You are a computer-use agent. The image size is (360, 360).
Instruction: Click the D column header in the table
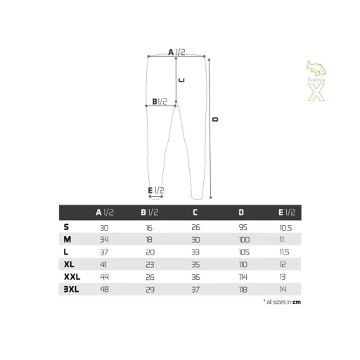coord(241,212)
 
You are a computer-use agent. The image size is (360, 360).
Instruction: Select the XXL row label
coord(72,277)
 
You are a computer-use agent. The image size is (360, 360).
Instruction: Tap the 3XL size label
coord(71,289)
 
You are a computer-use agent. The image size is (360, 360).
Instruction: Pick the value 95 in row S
coord(243,227)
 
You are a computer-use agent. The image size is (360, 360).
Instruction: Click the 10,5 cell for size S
coord(285,228)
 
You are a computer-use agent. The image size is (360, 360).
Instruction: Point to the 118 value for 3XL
coord(243,290)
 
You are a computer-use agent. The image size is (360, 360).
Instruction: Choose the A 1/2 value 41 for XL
coord(103,264)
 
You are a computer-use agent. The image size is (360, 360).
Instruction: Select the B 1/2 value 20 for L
coord(150,252)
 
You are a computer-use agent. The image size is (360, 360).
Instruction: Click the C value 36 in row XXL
coord(195,277)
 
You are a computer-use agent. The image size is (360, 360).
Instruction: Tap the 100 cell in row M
coord(244,240)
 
